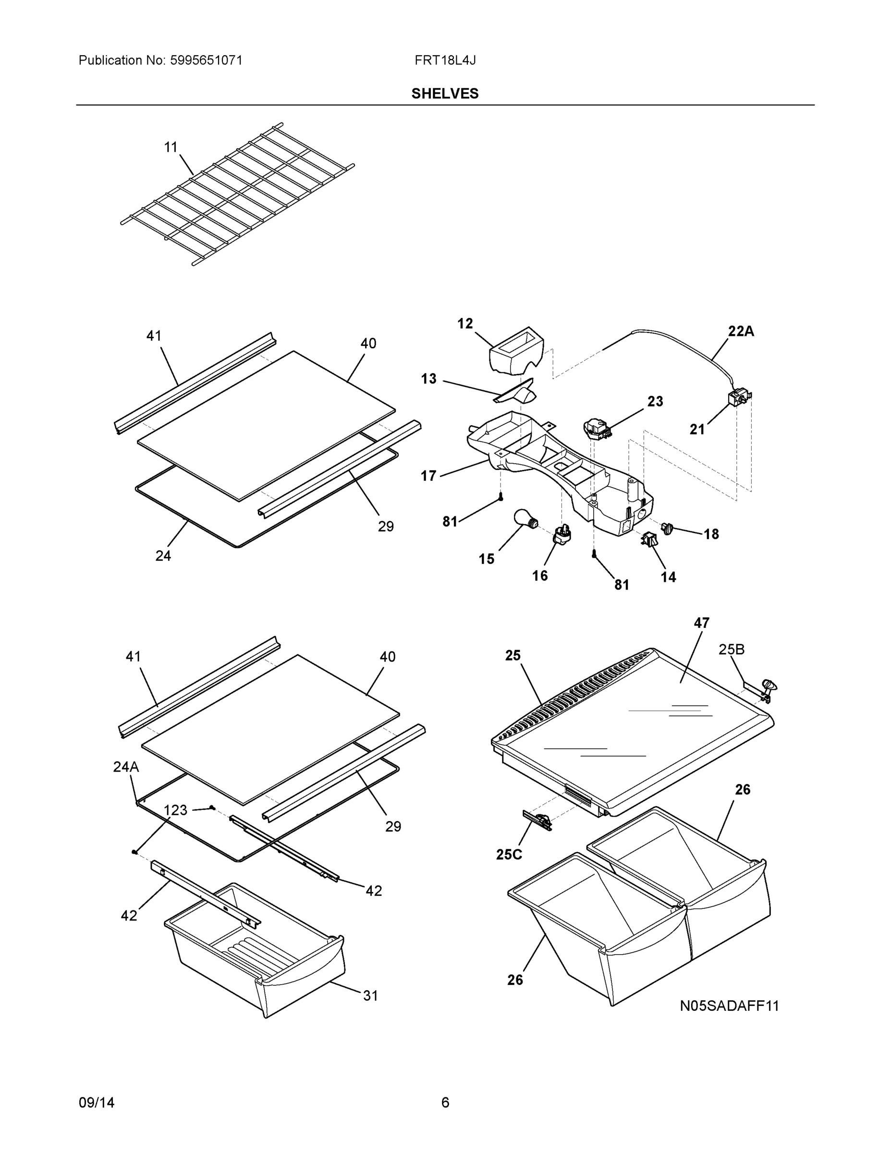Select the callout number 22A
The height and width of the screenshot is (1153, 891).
pyautogui.click(x=741, y=331)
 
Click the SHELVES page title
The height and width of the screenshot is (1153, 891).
pyautogui.click(x=445, y=94)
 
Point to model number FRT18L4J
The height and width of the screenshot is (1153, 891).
pyautogui.click(x=445, y=60)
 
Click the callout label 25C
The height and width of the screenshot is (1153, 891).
pyautogui.click(x=509, y=854)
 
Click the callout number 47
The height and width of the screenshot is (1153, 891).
pyautogui.click(x=701, y=623)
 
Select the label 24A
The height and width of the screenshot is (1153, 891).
pyautogui.click(x=126, y=767)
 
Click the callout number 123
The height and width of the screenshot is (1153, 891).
pyautogui.click(x=175, y=810)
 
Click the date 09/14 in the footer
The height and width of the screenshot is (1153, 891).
pyautogui.click(x=97, y=1103)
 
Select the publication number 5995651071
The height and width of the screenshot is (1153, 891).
pyautogui.click(x=206, y=60)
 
